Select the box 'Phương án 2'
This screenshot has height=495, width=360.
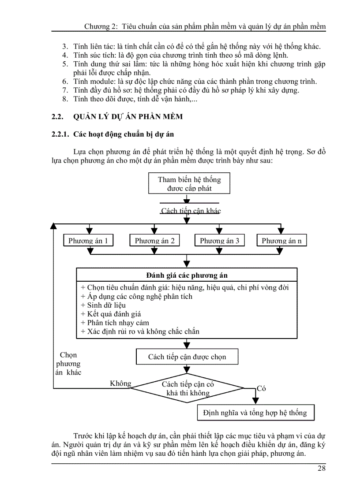154,241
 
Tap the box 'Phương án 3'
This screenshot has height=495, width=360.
219,241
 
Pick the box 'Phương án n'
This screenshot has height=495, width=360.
281,241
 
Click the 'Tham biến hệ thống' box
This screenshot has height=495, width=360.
189,184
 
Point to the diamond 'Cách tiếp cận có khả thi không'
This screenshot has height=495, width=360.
188,389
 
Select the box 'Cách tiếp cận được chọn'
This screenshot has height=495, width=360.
187,357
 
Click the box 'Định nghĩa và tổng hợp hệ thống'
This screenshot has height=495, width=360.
255,413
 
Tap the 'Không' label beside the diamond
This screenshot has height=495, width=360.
120,383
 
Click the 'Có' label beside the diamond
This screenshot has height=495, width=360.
261,389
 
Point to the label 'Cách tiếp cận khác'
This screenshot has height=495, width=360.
191,211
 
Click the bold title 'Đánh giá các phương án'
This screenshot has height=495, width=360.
187,275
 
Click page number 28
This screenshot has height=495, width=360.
321,468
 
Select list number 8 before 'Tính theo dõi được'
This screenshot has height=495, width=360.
65,99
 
